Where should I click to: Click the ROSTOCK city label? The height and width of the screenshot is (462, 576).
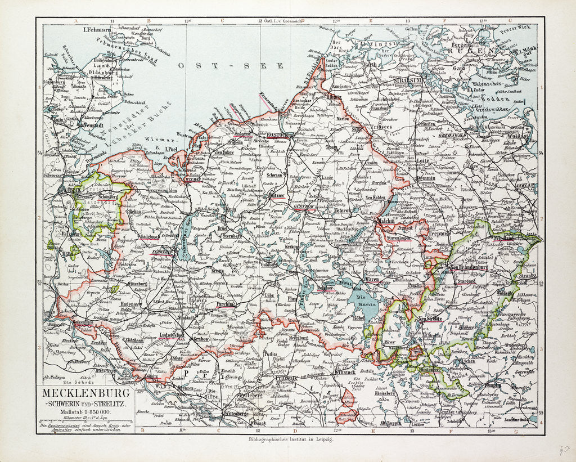[276, 135]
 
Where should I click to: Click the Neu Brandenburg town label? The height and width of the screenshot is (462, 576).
[469, 267]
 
